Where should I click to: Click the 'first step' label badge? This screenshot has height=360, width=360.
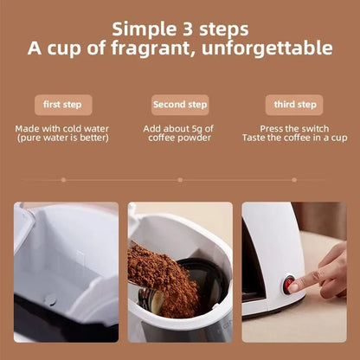tap(63, 105)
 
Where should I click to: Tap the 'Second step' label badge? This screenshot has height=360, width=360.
tap(180, 105)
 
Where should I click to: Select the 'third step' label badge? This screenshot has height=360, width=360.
tap(294, 105)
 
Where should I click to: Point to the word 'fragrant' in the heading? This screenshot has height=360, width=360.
tap(150, 48)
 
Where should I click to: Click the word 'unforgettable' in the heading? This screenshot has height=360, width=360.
tap(267, 48)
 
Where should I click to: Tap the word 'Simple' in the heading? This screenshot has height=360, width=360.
tap(144, 29)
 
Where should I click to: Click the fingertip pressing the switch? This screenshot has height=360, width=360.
tap(294, 287)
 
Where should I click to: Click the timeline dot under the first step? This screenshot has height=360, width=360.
tap(63, 180)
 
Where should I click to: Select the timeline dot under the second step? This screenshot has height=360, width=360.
tap(180, 180)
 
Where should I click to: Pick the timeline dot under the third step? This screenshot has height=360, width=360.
tap(294, 180)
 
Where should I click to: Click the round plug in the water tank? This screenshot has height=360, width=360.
tap(51, 300)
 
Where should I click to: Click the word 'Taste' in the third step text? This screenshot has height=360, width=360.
tap(254, 138)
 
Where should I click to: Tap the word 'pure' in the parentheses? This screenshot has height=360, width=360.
tap(30, 138)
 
